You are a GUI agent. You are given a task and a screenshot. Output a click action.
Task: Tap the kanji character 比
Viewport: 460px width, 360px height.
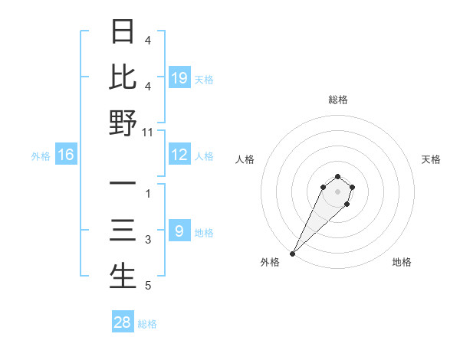123,78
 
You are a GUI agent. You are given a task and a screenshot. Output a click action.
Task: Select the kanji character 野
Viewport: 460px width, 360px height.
123,123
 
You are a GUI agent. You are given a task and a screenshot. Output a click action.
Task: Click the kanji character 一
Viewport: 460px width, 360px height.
123,185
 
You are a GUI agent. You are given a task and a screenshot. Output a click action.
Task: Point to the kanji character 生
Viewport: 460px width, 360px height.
123,276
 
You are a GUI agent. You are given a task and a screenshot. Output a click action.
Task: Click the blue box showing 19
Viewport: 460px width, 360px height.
179,77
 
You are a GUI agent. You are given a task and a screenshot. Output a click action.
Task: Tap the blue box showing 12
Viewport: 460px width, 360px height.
179,155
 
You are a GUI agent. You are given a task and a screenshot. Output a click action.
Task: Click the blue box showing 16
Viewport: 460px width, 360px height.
66,155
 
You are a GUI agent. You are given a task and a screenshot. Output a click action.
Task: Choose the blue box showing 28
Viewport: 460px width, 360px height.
123,322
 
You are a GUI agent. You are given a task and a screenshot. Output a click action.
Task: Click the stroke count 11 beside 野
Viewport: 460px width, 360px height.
148,132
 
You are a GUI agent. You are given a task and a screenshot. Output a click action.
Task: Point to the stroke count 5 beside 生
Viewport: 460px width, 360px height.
148,286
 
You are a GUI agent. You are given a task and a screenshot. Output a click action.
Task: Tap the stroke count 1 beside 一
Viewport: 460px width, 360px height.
148,194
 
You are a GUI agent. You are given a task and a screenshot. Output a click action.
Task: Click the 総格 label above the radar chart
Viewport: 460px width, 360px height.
337,100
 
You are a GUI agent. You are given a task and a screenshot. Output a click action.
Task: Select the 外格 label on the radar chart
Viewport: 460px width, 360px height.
270,262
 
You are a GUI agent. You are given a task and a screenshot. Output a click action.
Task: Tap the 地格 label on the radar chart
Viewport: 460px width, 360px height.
402,262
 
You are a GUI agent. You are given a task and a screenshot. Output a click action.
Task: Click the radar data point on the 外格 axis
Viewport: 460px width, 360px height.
292,253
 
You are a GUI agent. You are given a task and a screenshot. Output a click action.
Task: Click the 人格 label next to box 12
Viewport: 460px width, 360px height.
204,156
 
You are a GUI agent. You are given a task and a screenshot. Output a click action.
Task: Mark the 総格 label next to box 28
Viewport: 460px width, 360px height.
147,324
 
